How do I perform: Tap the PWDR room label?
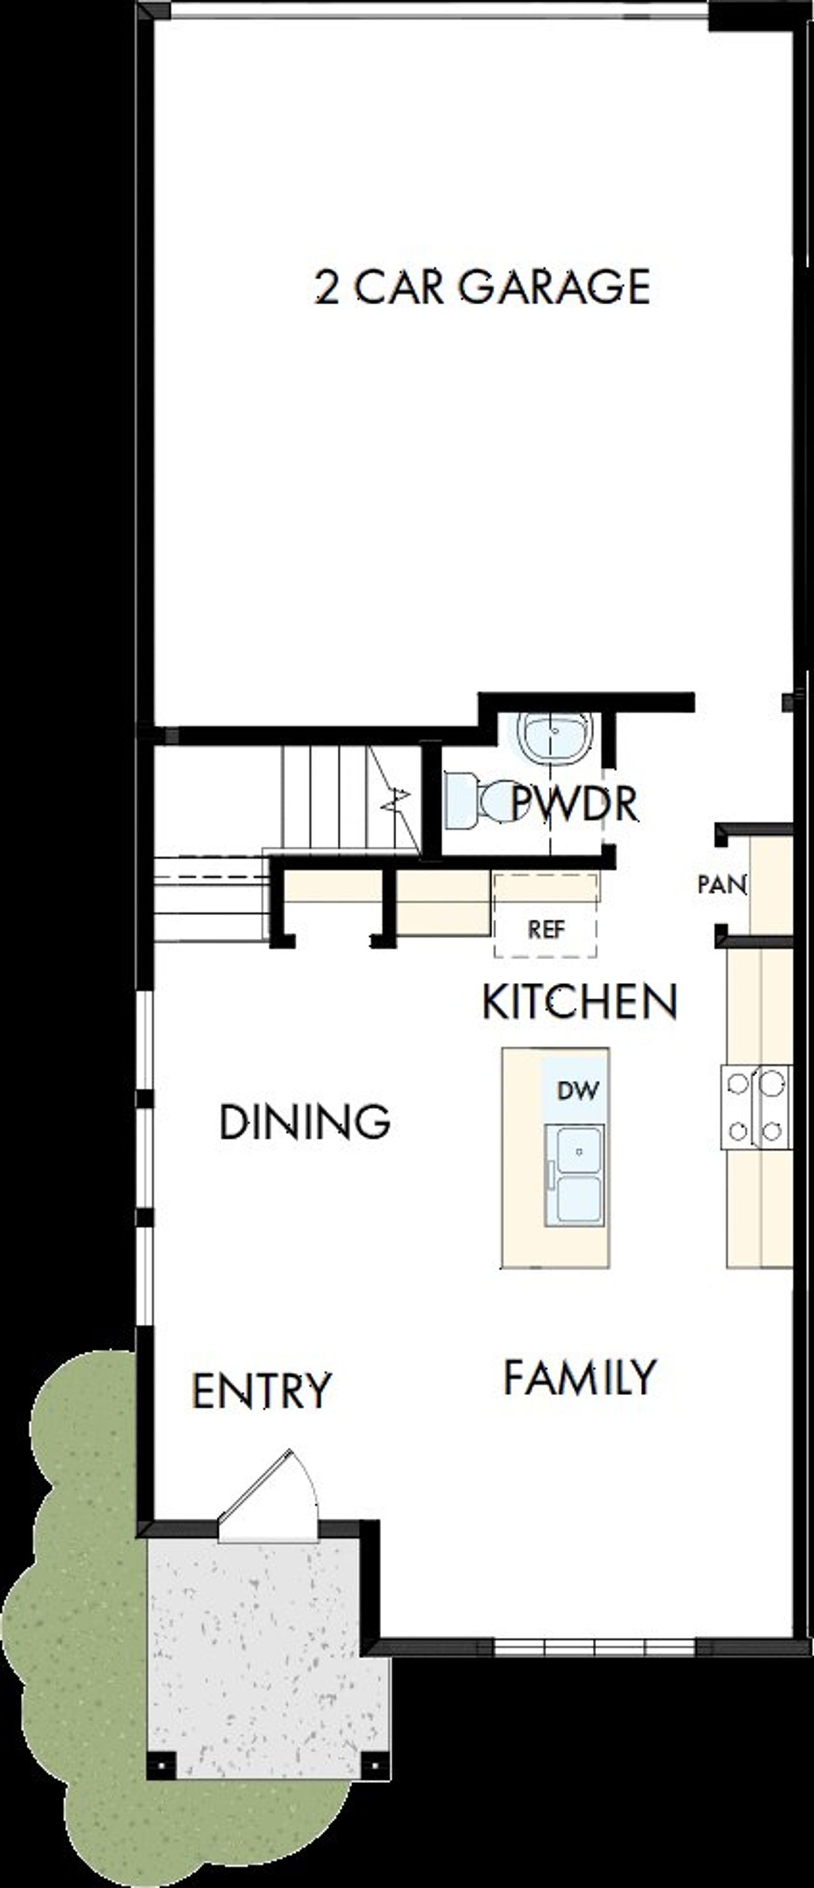574,803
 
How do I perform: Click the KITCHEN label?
579,1002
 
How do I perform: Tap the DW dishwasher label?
578,1090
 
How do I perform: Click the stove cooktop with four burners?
755,1107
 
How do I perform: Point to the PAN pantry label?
721,885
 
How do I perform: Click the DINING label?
304,1122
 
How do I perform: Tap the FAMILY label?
579,1377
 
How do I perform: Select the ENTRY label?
261,1391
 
